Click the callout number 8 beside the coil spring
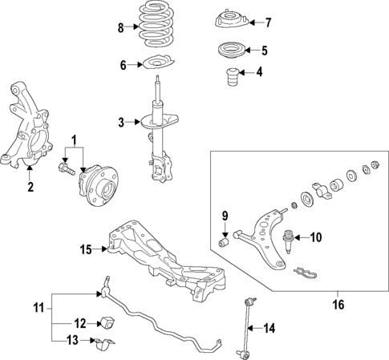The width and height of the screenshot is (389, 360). pos(120,28)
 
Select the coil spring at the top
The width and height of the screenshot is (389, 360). pos(156,28)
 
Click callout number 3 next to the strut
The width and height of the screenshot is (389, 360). pos(121,122)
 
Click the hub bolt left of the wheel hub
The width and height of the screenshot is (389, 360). pos(65,169)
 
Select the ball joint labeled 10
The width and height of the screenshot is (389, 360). pos(286,238)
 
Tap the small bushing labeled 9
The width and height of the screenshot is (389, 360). pos(226,240)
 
